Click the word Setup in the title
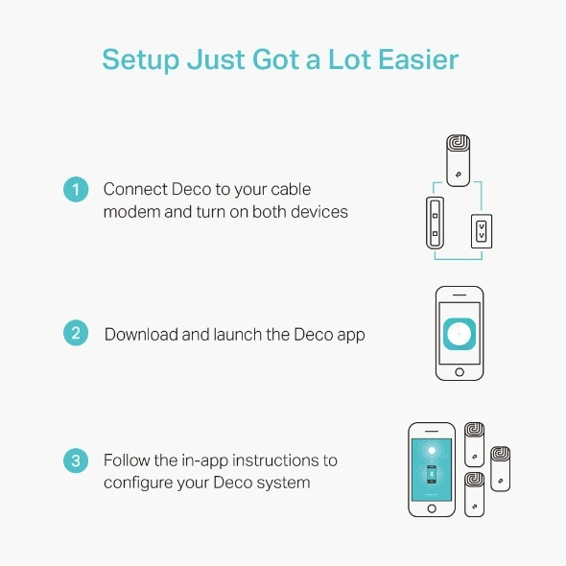pyautogui.click(x=141, y=59)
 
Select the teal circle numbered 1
pyautogui.click(x=76, y=189)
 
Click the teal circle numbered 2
pyautogui.click(x=76, y=333)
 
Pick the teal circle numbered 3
pyautogui.click(x=76, y=460)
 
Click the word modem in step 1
pyautogui.click(x=131, y=212)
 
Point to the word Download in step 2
pyautogui.click(x=141, y=334)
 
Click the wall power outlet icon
pyautogui.click(x=482, y=231)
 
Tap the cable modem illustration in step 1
pyautogui.click(x=435, y=223)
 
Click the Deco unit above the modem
pyautogui.click(x=458, y=160)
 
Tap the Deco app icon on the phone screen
pyautogui.click(x=460, y=334)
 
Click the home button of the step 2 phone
pyautogui.click(x=460, y=372)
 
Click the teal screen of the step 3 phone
pyautogui.click(x=432, y=469)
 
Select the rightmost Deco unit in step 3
pyautogui.click(x=501, y=469)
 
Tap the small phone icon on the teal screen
pyautogui.click(x=432, y=474)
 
